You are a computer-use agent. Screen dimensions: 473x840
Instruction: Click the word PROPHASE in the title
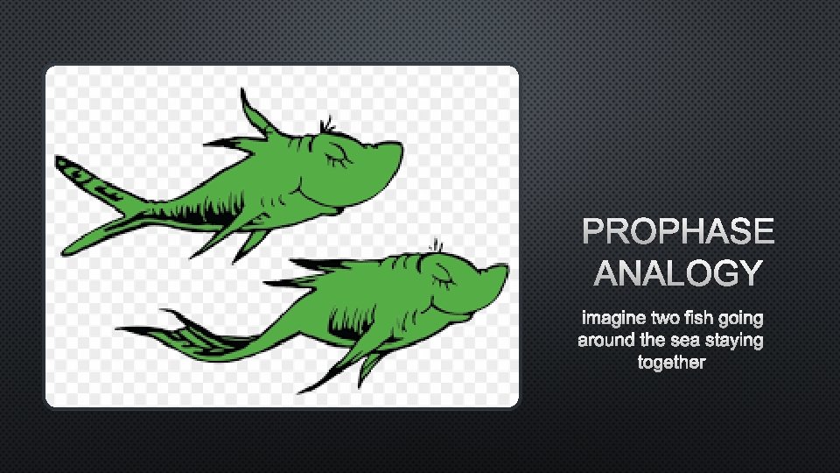tap(678, 232)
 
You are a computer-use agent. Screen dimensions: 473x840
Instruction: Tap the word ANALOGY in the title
tap(678, 273)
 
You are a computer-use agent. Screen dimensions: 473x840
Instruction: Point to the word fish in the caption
tap(699, 317)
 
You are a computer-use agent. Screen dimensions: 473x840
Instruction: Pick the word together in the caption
tap(671, 362)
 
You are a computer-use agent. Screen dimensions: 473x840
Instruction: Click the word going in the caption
tap(739, 317)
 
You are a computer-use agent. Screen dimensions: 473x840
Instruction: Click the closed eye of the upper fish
tap(338, 158)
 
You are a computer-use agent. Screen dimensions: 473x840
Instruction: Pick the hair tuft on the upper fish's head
tap(328, 125)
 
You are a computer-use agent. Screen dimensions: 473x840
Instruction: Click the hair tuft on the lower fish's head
tap(435, 246)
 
